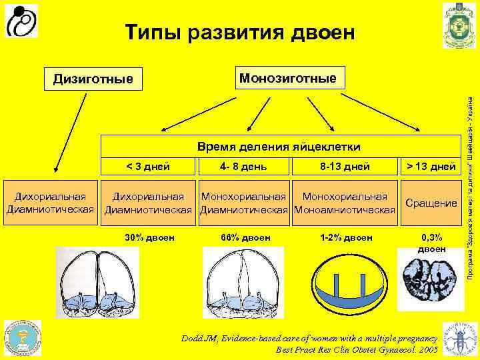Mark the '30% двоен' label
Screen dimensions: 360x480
click(x=149, y=237)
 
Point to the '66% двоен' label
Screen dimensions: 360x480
click(x=244, y=237)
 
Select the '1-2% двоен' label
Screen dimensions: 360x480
click(x=345, y=237)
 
